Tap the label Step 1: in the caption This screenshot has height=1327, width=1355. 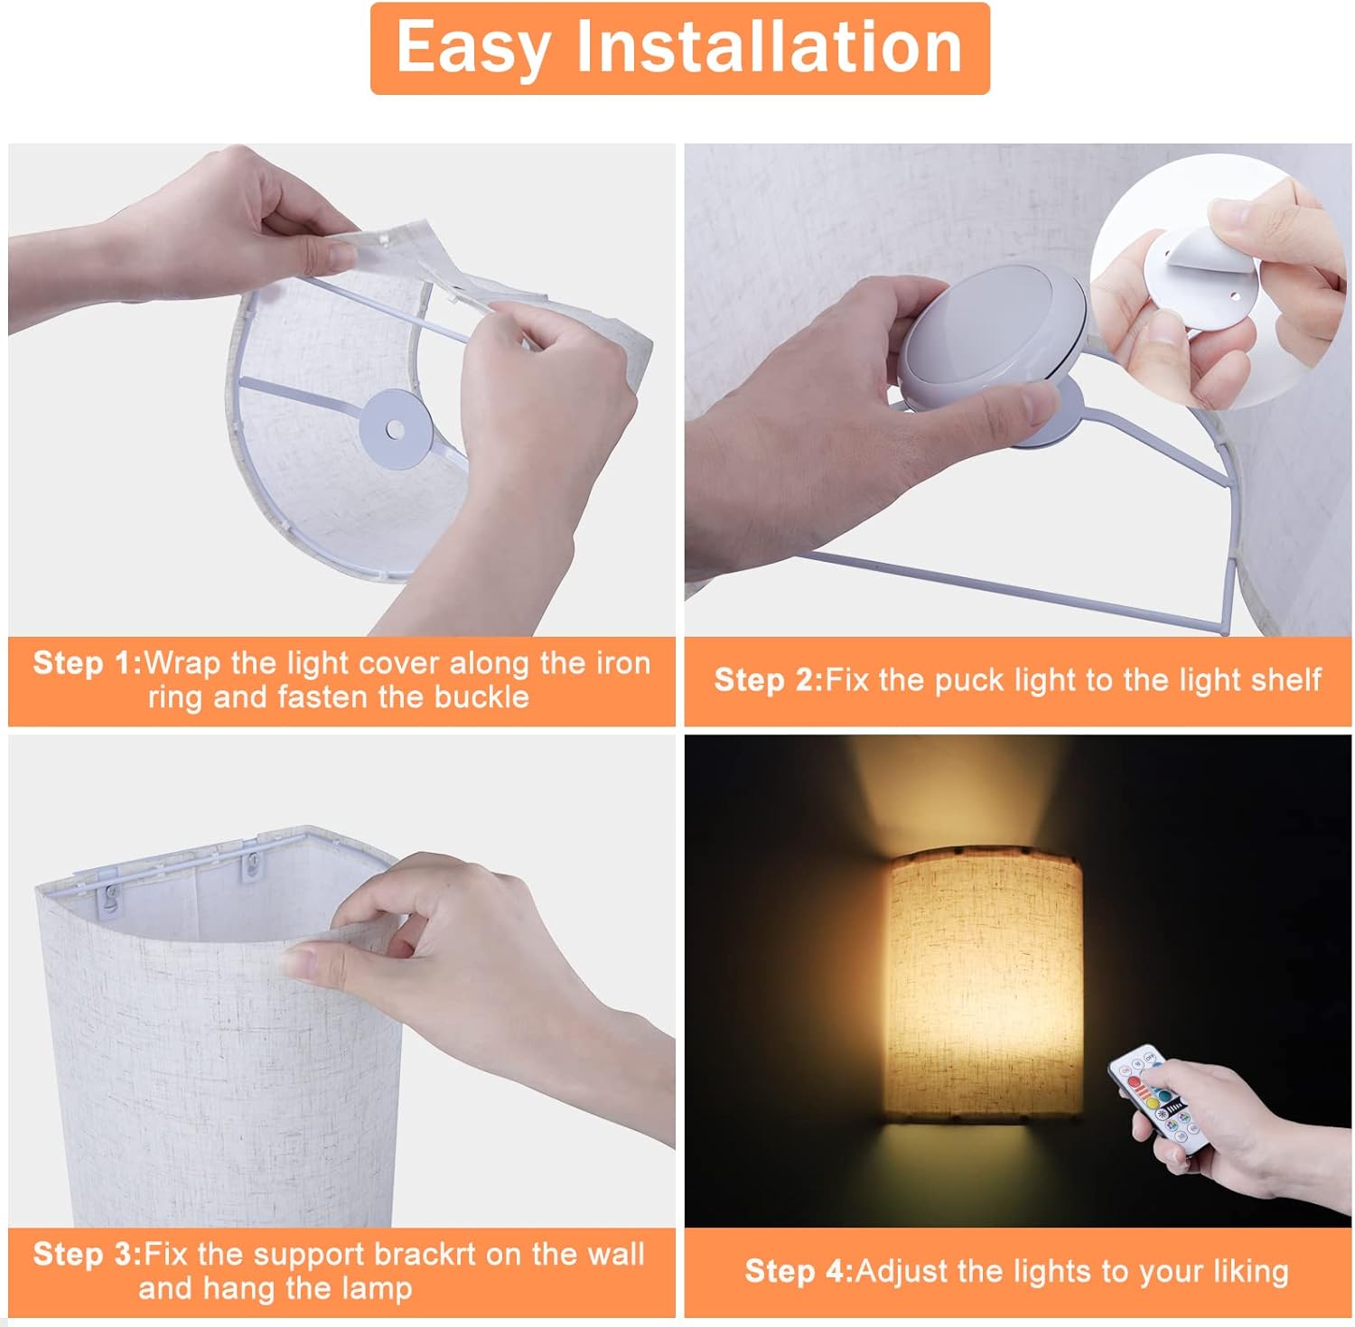87,664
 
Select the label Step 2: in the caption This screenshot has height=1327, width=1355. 768,680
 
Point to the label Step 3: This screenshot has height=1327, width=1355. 87,1255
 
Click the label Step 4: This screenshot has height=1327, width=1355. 799,1272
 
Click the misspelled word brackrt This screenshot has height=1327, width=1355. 424,1255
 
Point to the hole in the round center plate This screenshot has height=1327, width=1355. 395,428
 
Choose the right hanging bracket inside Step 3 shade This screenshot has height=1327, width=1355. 249,868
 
